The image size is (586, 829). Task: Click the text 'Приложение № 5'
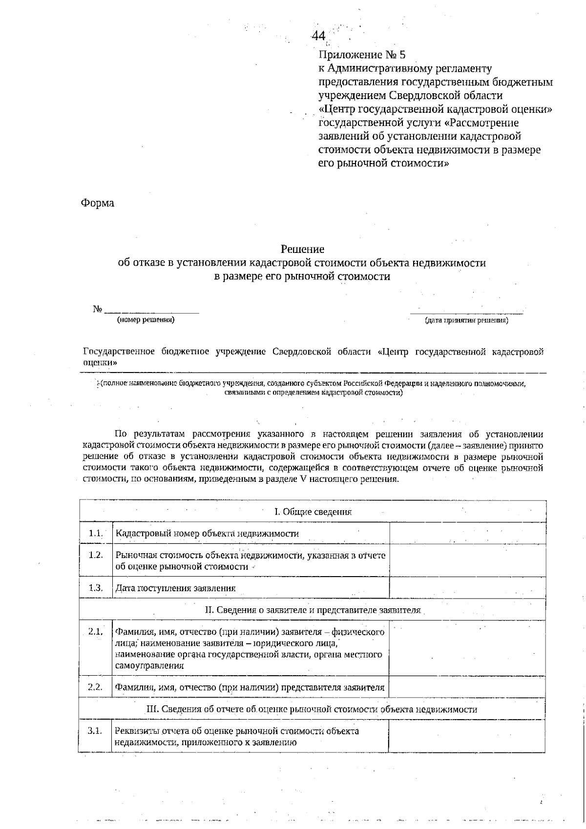click(362, 54)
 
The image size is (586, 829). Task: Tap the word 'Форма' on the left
click(98, 203)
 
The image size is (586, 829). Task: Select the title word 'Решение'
click(302, 249)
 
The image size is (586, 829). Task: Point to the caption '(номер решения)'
click(146, 320)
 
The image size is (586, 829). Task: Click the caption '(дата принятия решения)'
click(466, 321)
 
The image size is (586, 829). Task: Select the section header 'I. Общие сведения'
click(313, 512)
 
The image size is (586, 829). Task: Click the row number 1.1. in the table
click(96, 533)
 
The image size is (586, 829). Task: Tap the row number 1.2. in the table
click(96, 555)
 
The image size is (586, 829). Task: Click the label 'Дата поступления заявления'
click(176, 588)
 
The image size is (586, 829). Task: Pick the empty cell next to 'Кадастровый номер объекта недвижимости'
click(467, 533)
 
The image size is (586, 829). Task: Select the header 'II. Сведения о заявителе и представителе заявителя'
click(313, 610)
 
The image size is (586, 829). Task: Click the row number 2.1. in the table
click(95, 632)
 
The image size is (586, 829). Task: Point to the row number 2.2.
click(95, 687)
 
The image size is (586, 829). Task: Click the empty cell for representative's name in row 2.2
click(467, 687)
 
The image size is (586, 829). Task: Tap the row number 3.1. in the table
click(95, 731)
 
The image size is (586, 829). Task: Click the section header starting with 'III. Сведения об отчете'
click(312, 709)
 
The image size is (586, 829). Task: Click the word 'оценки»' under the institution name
click(100, 363)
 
